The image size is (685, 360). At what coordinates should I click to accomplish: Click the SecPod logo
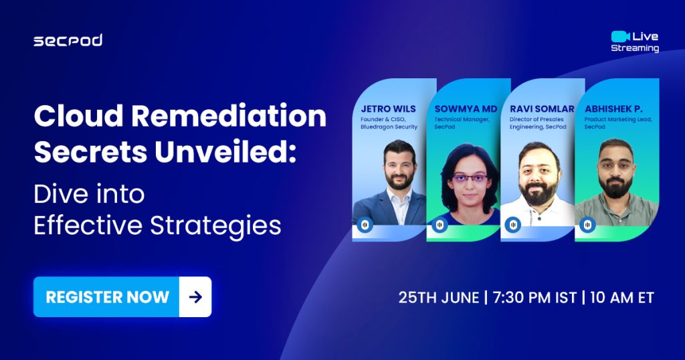click(68, 40)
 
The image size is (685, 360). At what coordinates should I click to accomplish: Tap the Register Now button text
click(108, 297)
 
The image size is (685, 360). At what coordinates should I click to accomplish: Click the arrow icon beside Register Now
click(195, 297)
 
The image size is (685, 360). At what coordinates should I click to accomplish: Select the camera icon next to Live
click(620, 36)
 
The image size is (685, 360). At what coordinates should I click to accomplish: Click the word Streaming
click(635, 48)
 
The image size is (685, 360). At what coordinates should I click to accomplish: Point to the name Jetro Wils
click(389, 109)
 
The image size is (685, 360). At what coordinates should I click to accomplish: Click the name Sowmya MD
click(466, 109)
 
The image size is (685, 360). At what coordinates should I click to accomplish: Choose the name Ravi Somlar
click(542, 109)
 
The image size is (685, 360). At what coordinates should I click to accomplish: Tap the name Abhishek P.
click(614, 109)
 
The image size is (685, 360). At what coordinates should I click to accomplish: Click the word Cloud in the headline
click(79, 116)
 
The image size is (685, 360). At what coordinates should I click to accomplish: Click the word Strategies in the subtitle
click(215, 226)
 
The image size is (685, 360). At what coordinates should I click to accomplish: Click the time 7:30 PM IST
click(534, 298)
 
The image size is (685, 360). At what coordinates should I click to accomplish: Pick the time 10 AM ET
click(621, 298)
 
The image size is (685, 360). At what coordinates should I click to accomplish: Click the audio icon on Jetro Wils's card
click(365, 225)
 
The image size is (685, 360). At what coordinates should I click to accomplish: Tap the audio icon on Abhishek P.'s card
click(587, 225)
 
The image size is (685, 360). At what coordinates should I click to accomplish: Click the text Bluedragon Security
click(389, 126)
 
